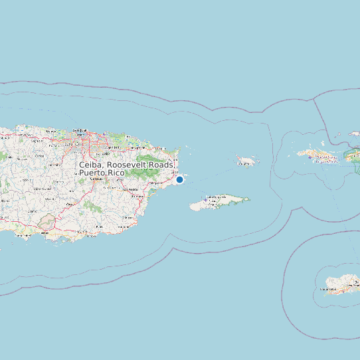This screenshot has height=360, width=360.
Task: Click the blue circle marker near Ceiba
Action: coord(179,179)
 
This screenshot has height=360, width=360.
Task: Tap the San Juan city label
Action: coord(80,130)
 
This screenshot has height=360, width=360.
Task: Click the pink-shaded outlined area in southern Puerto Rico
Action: coord(46,222)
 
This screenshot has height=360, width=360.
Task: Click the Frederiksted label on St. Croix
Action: coord(329,289)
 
